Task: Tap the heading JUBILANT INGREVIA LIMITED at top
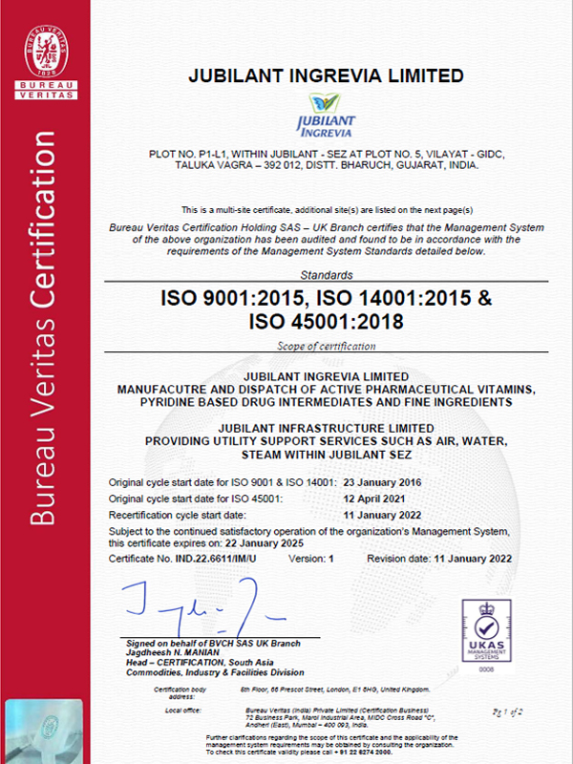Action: [327, 75]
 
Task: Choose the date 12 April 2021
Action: [373, 497]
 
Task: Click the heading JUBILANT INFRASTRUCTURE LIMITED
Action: [327, 427]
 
